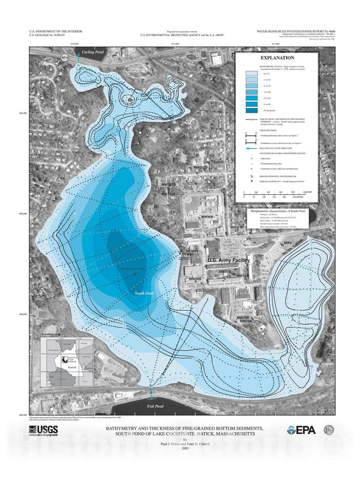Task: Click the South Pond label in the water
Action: [146, 293]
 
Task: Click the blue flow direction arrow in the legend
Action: [252, 150]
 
